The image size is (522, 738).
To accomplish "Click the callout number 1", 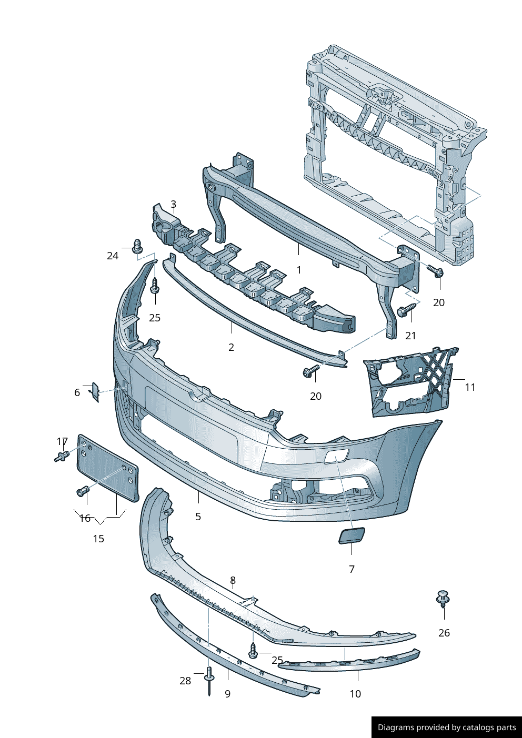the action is pyautogui.click(x=298, y=270).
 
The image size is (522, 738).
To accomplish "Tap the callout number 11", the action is pyautogui.click(x=470, y=387).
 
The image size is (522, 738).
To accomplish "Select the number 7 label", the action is pyautogui.click(x=352, y=569).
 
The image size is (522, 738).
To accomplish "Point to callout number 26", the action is pyautogui.click(x=444, y=633).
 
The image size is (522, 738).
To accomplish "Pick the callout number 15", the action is pyautogui.click(x=98, y=539).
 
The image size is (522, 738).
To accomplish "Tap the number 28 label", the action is pyautogui.click(x=185, y=681).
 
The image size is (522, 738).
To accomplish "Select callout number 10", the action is pyautogui.click(x=355, y=694).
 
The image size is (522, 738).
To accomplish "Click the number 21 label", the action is pyautogui.click(x=410, y=336).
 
